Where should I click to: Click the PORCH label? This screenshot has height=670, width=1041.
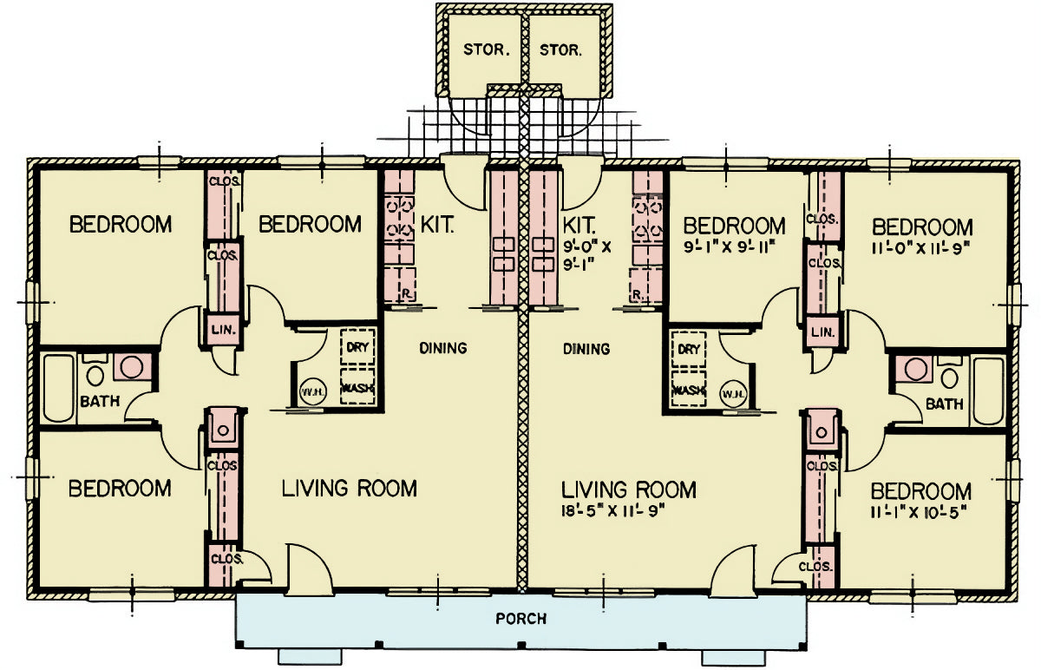tap(521, 619)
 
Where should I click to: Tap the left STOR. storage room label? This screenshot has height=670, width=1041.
tap(487, 49)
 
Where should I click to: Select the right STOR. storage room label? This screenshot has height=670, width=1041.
tap(560, 49)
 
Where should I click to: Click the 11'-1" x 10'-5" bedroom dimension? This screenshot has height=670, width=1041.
tap(919, 513)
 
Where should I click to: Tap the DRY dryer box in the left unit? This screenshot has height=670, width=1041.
tap(357, 346)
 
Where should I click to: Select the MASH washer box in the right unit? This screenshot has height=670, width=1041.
tap(689, 390)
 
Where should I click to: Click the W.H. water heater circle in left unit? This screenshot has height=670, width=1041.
tap(313, 392)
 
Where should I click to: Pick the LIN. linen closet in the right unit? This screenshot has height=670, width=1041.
tap(822, 332)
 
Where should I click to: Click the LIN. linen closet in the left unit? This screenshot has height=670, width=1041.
tap(223, 330)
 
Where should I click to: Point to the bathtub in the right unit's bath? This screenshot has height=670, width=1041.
tap(988, 391)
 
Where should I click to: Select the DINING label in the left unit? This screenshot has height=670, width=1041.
tap(443, 348)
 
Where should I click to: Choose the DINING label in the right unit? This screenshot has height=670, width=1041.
tap(586, 349)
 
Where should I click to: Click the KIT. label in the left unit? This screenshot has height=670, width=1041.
tap(437, 225)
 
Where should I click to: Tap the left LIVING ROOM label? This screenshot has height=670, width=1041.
tap(350, 489)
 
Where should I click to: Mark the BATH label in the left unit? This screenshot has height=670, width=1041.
tap(100, 401)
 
